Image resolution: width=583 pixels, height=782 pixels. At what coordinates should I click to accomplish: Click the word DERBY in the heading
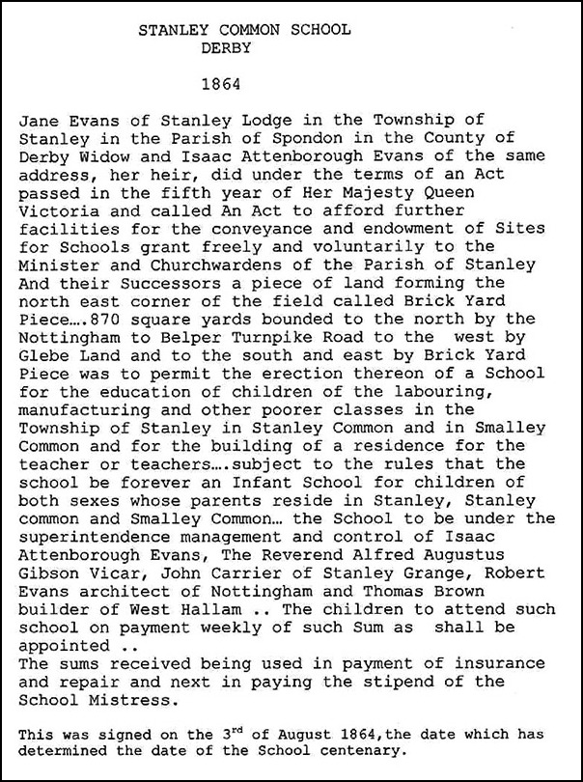tap(224, 46)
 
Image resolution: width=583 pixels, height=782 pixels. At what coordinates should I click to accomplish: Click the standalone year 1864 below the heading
tap(224, 84)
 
